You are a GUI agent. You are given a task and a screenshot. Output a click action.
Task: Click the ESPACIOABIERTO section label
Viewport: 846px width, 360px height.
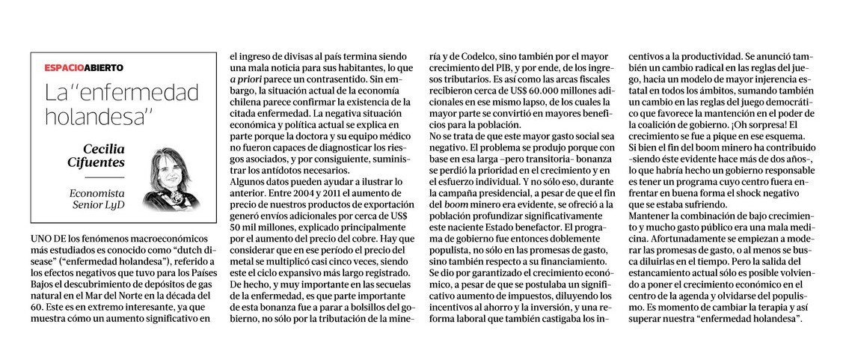tap(83, 68)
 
